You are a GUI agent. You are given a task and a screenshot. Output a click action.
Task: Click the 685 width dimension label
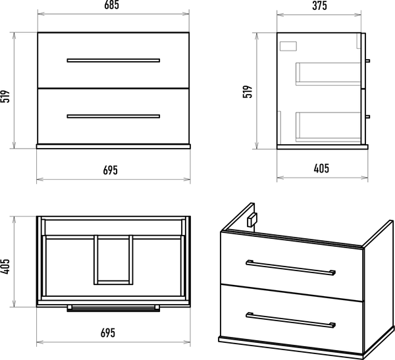[x=112, y=5]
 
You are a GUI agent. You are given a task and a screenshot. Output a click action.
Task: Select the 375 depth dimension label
[x=319, y=6]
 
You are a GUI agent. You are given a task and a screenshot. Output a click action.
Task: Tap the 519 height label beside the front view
[x=5, y=96]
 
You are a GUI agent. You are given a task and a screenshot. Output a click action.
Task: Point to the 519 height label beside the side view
[x=248, y=91]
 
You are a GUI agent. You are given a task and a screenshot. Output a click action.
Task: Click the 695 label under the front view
[x=111, y=170]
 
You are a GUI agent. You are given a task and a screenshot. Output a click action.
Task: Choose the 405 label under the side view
[x=321, y=168]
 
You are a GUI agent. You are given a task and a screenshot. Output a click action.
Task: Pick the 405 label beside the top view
[x=5, y=267]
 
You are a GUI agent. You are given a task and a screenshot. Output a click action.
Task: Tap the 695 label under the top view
[x=108, y=333]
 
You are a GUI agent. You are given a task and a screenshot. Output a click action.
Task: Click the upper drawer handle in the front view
[x=113, y=61]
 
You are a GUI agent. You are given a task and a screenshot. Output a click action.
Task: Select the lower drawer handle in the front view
[x=113, y=116]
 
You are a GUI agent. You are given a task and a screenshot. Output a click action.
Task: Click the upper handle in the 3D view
[x=291, y=268]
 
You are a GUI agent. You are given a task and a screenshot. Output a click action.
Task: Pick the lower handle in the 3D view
[x=291, y=321]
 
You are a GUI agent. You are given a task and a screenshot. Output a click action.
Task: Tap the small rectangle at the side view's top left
[x=288, y=46]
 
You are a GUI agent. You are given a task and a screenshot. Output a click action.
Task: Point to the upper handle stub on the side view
[x=367, y=61]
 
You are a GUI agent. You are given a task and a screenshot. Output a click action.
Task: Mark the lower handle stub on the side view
[x=367, y=116]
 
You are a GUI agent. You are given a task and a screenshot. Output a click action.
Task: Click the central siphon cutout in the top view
[x=113, y=260]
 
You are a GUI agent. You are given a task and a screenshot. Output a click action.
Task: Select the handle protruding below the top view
[x=113, y=309]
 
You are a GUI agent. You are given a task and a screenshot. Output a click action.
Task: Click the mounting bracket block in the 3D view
[x=252, y=220]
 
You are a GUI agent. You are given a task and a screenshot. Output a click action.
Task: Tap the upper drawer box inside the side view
[x=329, y=74]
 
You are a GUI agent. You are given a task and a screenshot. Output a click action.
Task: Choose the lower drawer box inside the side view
[x=329, y=127]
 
